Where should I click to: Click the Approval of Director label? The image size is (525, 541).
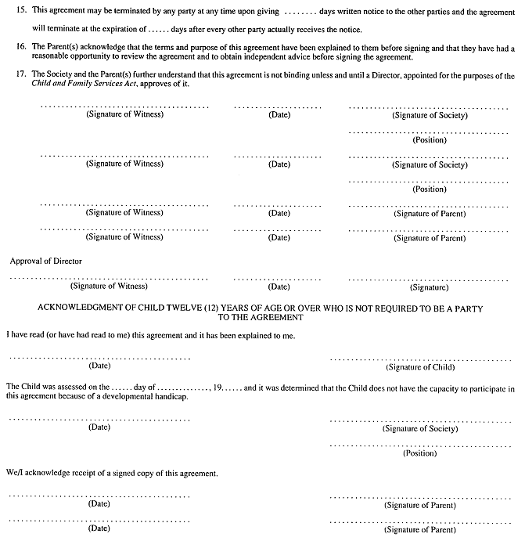pos(46,260)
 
